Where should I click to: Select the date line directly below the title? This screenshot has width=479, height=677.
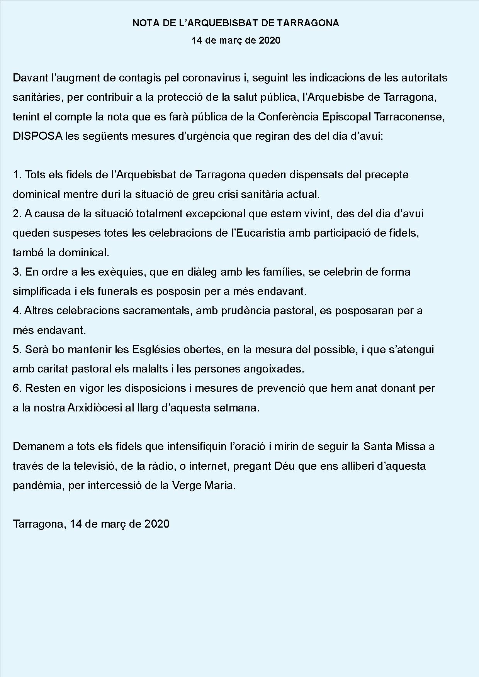click(236, 40)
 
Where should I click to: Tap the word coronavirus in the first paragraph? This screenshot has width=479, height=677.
click(211, 78)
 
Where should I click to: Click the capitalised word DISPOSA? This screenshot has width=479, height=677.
click(37, 136)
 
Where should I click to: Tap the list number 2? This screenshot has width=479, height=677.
click(17, 213)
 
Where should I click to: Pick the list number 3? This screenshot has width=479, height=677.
click(17, 272)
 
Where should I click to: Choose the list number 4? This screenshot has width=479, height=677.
click(17, 311)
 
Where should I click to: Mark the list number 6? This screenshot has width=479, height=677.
click(17, 388)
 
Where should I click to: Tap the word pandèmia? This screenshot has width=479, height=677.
click(37, 486)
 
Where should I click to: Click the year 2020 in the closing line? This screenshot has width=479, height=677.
click(157, 524)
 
